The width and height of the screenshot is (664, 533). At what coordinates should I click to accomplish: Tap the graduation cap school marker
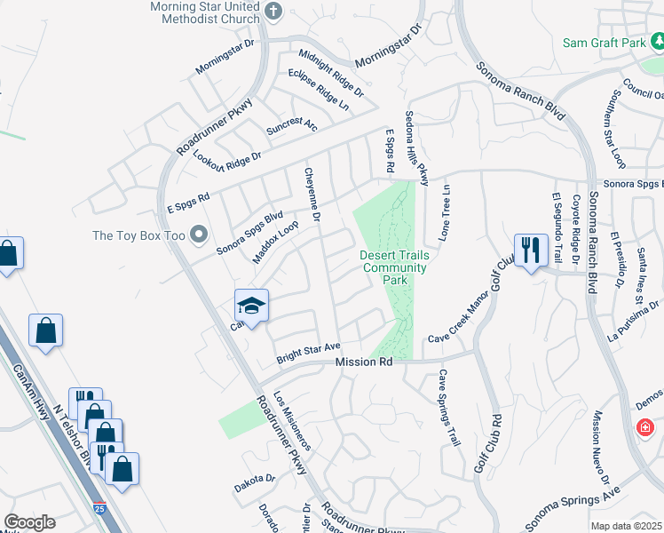pos(251,306)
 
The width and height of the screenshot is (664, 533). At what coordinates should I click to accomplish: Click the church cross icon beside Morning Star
pos(273,12)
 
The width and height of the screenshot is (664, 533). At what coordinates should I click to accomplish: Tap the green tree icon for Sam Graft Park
pos(657,42)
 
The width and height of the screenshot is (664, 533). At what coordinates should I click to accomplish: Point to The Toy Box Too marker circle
pos(197,235)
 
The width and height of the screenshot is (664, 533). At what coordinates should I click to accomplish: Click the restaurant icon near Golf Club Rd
pos(531,250)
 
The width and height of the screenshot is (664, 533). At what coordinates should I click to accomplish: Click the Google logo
pos(29,522)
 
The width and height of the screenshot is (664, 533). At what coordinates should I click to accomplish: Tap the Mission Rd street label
pos(364,362)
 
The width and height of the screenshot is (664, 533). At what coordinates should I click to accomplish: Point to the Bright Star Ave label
pos(307,353)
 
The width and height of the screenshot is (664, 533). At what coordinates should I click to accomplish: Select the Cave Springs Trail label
pos(448,407)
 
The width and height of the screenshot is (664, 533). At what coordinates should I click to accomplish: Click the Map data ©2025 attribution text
pos(626,526)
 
